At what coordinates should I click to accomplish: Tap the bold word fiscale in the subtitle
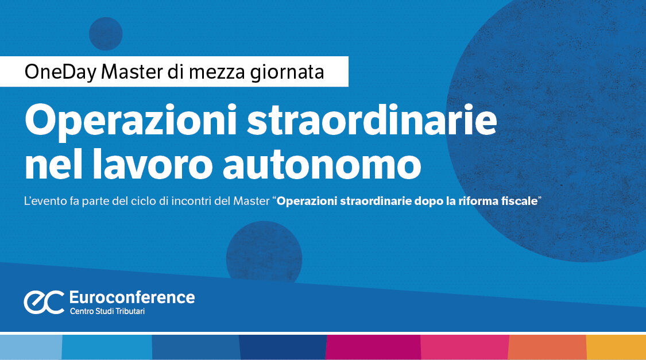(518, 202)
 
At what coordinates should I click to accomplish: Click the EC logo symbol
(44, 302)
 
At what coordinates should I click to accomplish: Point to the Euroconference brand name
(131, 297)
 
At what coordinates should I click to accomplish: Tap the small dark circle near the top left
(106, 33)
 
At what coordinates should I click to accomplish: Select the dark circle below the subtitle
(264, 253)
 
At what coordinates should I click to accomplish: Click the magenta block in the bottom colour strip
(373, 347)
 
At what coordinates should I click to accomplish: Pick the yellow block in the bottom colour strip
(616, 347)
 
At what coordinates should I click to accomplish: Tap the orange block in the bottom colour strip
(547, 347)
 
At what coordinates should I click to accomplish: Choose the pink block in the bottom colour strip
(465, 347)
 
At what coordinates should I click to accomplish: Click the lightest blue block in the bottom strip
(30, 347)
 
